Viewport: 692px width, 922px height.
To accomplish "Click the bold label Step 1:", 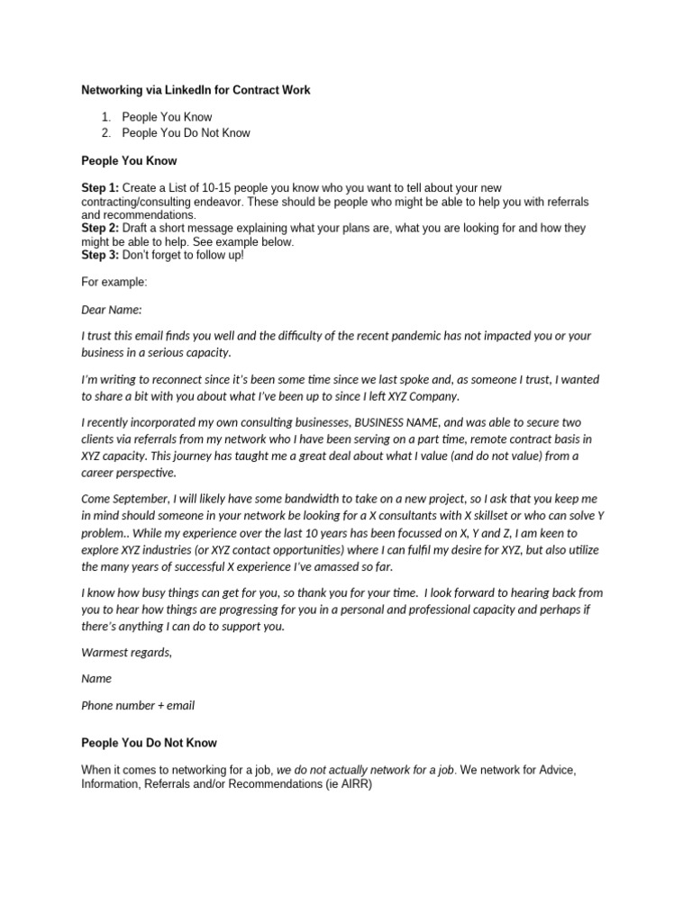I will pyautogui.click(x=99, y=187).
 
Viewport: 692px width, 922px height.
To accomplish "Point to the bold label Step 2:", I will pyautogui.click(x=99, y=229).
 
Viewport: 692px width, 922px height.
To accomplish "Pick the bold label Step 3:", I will pyautogui.click(x=99, y=256).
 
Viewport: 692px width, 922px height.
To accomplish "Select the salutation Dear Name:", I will pyautogui.click(x=112, y=309).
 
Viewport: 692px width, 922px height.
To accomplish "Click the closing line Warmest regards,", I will pyautogui.click(x=126, y=652).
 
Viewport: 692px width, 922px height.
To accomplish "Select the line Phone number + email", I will pyautogui.click(x=138, y=706).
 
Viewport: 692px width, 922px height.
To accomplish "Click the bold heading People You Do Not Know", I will pyautogui.click(x=149, y=743).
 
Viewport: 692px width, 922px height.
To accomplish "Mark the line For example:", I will pyautogui.click(x=114, y=282).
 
